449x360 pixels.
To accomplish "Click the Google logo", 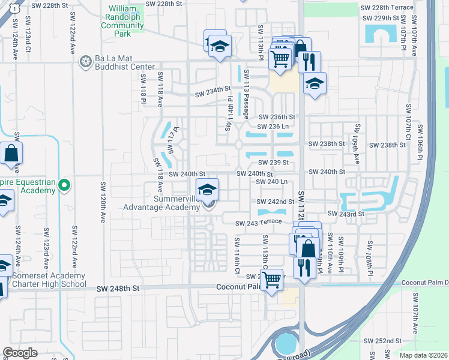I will (x=20, y=353).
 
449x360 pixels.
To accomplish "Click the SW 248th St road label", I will (x=118, y=289).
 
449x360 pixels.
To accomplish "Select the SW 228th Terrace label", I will (x=387, y=7).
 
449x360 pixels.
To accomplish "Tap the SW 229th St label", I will (x=385, y=19).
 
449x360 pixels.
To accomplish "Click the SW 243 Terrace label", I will (x=258, y=223).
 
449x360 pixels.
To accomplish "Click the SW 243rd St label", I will (x=346, y=214).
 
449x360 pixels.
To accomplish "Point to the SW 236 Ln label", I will (x=273, y=127).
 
